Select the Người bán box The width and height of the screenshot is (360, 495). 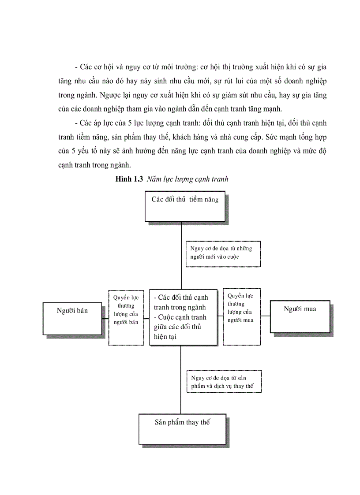72,318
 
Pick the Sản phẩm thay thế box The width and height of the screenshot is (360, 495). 182,428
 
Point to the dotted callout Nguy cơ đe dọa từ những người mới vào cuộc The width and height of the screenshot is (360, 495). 223,253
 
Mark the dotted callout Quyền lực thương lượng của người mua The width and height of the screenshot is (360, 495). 241,316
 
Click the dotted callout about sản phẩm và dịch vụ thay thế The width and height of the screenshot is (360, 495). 224,382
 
